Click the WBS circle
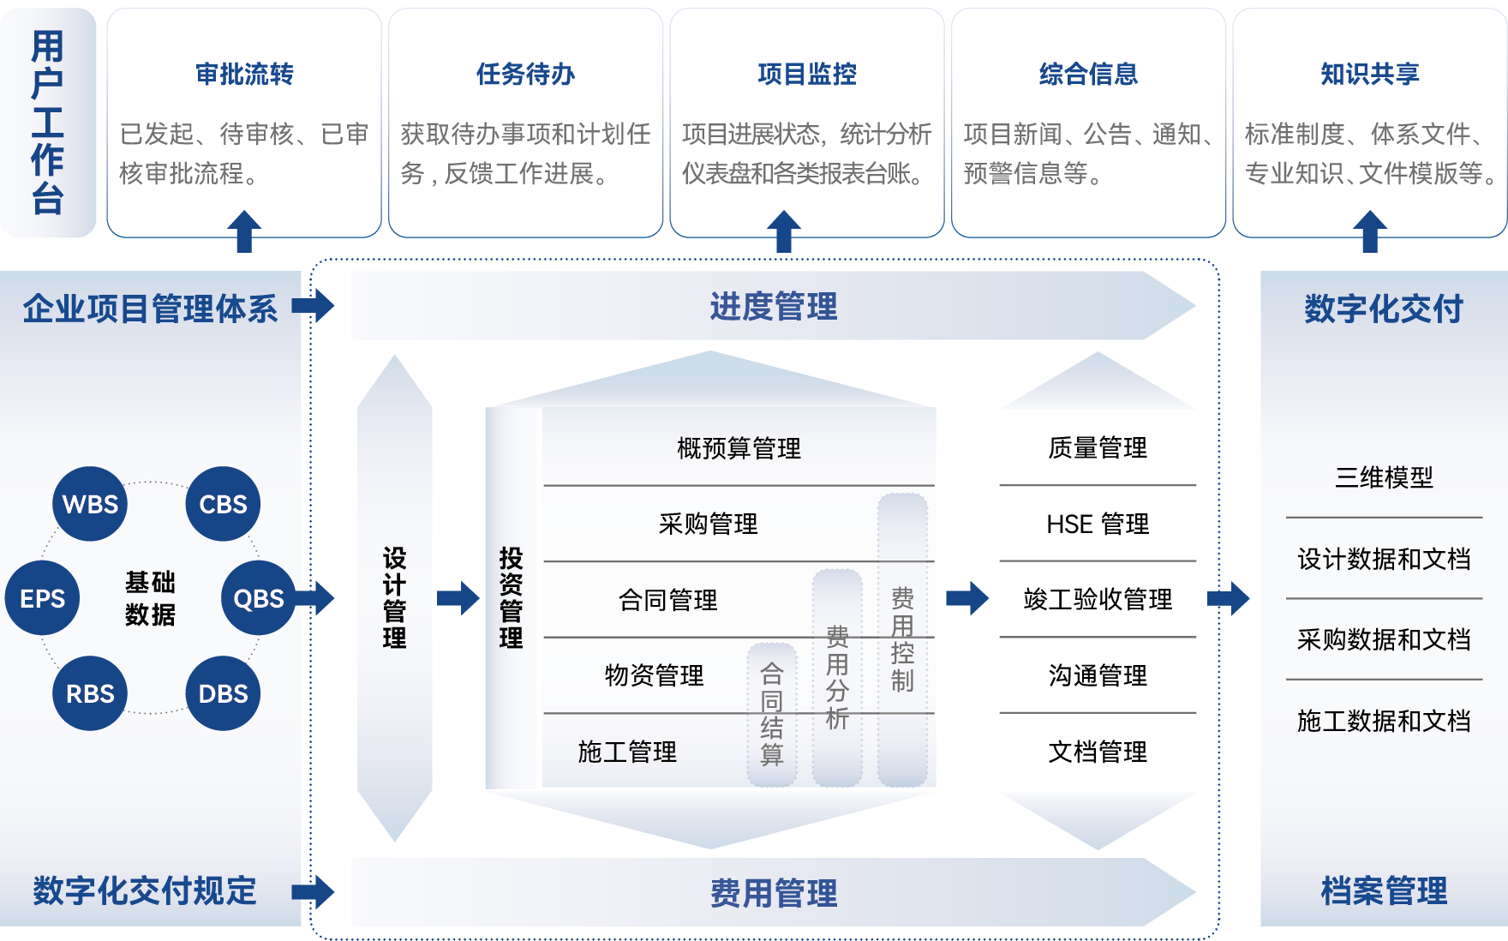[90, 504]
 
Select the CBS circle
[223, 504]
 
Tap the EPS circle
[42, 598]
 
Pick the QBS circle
[258, 598]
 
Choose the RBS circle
[90, 693]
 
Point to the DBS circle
[223, 693]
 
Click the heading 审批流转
[244, 75]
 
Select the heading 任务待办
[525, 75]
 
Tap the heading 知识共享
[1369, 75]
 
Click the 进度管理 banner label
[773, 306]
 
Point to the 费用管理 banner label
[773, 893]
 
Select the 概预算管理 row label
[739, 448]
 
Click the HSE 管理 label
[1098, 524]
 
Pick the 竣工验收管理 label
[1098, 599]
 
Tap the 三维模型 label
[1384, 477]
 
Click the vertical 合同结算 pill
[772, 715]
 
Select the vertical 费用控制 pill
[902, 639]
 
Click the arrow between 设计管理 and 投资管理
[458, 598]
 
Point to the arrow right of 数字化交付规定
[313, 891]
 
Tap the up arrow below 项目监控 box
[783, 231]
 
